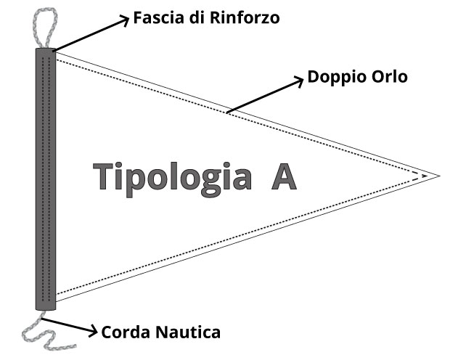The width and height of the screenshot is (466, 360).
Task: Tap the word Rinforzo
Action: click(x=245, y=17)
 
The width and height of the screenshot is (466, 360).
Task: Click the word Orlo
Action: click(x=390, y=77)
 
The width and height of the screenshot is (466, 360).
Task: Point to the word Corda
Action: click(x=126, y=332)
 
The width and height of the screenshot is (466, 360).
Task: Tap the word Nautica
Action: click(x=187, y=332)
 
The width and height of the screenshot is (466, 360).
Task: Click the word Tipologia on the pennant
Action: click(x=172, y=179)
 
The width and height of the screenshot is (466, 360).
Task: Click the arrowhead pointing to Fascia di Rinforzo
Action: click(x=125, y=20)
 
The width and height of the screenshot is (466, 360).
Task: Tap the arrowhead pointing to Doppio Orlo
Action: click(x=299, y=81)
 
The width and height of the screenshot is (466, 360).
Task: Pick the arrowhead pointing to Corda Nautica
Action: click(x=94, y=331)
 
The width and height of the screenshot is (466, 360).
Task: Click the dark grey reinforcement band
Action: click(x=46, y=179)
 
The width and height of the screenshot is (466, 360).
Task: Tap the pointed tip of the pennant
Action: click(x=440, y=176)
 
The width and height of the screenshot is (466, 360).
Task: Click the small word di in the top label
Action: click(x=197, y=17)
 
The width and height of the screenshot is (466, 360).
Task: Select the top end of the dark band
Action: click(x=46, y=49)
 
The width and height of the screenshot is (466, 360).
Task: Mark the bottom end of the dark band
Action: click(x=46, y=310)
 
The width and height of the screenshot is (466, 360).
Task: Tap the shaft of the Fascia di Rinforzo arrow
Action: click(x=90, y=35)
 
